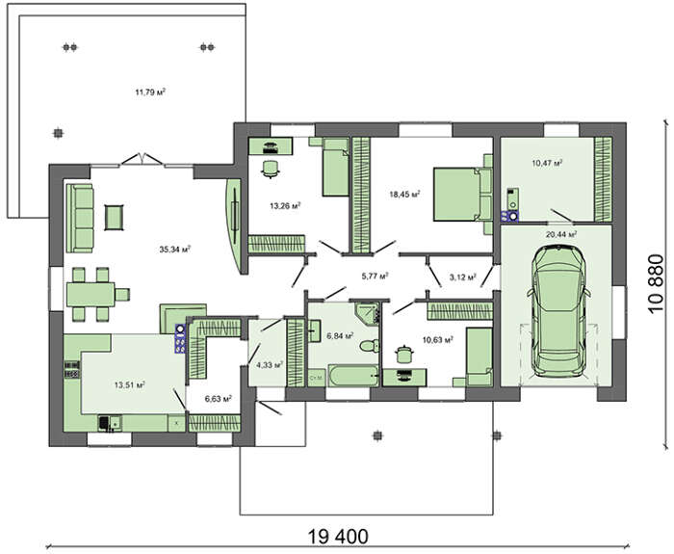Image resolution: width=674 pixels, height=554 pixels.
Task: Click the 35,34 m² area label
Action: point(174,249)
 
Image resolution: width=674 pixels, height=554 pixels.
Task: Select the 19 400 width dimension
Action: point(338,537)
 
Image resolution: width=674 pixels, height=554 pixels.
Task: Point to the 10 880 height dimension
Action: point(657,284)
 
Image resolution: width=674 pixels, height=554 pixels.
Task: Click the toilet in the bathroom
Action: point(369,345)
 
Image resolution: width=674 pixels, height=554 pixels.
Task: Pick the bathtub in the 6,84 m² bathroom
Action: point(353,376)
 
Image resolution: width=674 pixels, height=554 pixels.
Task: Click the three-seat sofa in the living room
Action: point(80,218)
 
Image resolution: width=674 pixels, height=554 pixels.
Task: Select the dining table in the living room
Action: point(91,295)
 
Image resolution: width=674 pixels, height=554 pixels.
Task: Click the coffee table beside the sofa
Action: point(115,217)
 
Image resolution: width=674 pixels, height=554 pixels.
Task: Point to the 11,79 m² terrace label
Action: point(150,92)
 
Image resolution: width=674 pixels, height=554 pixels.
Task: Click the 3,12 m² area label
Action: point(462,277)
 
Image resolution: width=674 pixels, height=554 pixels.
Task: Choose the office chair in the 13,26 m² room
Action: point(270,169)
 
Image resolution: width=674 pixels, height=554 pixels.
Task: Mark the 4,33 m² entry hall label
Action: point(270,365)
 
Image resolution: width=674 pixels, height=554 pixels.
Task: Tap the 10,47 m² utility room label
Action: point(547,163)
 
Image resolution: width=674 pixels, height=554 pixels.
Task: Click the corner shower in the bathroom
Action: point(368,313)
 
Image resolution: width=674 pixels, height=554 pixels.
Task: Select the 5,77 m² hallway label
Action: point(376,276)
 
